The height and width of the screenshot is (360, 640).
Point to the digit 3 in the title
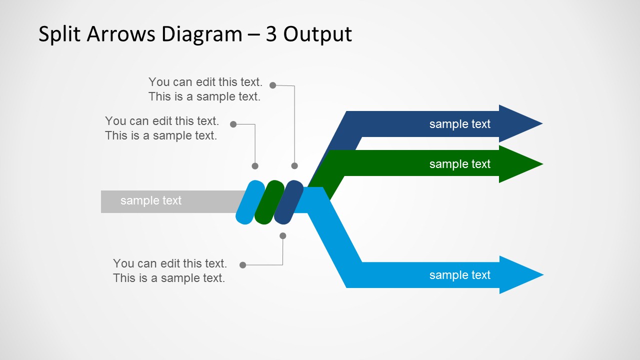click(x=271, y=34)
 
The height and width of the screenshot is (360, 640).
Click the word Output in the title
click(x=318, y=34)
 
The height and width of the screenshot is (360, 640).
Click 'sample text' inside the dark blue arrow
click(x=459, y=124)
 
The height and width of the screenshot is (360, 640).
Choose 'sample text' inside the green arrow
click(x=459, y=164)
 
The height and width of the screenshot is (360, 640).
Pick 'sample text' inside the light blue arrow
click(x=459, y=275)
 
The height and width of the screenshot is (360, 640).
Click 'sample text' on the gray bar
click(x=150, y=200)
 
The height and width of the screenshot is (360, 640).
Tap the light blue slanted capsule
click(x=250, y=202)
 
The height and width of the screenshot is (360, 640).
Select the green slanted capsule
click(x=269, y=202)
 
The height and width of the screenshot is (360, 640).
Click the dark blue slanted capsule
click(x=288, y=202)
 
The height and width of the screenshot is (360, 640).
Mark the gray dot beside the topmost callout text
click(x=272, y=85)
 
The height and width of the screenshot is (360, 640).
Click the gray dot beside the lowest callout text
click(x=243, y=265)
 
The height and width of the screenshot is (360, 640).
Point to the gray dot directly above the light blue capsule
click(x=255, y=166)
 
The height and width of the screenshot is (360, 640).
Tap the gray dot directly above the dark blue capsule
click(x=294, y=166)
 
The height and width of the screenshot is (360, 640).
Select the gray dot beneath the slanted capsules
click(x=283, y=235)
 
